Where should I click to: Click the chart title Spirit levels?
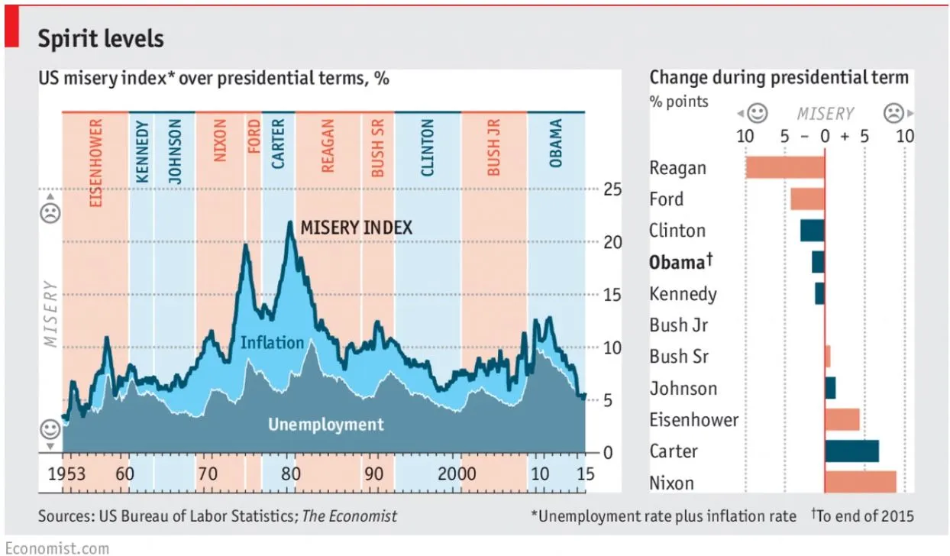(x=101, y=38)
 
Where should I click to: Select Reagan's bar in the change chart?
(x=784, y=167)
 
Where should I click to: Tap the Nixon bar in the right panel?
(x=860, y=482)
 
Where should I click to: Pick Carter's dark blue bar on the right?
(x=851, y=451)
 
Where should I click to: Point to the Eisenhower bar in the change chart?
(x=842, y=419)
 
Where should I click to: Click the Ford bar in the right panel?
(x=807, y=199)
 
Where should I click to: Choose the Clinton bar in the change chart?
(x=813, y=230)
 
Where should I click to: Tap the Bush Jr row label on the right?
(x=679, y=325)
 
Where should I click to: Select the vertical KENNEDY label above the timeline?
(x=142, y=151)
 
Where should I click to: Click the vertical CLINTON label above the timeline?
(x=427, y=147)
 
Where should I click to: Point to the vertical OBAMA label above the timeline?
(x=555, y=143)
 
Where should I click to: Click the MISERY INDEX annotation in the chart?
(x=356, y=228)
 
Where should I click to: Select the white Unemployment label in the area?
(x=325, y=424)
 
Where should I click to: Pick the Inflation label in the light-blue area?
(x=272, y=342)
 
